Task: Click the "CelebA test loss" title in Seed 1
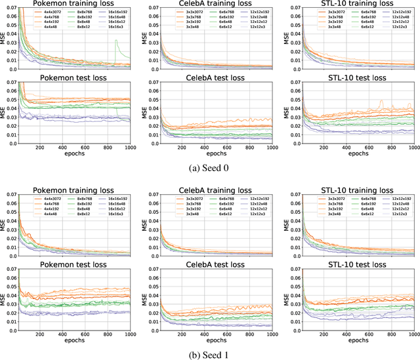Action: coord(211,262)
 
